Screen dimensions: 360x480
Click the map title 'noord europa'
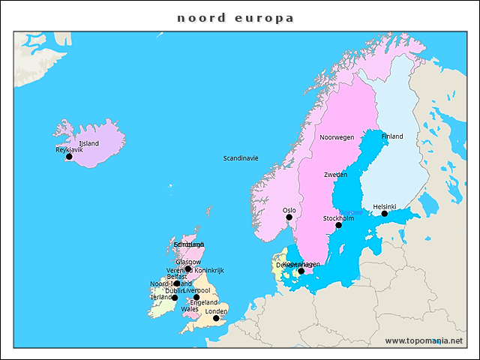[235, 17]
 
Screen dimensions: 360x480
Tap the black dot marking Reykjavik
[69, 157]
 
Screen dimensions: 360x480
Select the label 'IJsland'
[88, 143]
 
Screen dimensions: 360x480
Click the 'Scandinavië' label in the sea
[241, 158]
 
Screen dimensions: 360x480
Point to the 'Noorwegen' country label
[337, 137]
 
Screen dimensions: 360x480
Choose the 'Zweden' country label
[335, 174]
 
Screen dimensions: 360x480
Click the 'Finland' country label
[392, 136]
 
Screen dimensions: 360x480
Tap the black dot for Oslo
[289, 217]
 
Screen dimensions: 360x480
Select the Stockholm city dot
[338, 225]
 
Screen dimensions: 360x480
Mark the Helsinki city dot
[385, 214]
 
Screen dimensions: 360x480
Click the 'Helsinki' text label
[385, 206]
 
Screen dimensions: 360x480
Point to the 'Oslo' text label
[289, 210]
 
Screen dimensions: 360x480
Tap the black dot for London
[216, 319]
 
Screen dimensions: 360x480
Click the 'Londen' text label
[216, 311]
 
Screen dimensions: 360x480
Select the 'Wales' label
[189, 309]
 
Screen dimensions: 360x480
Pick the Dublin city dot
[175, 298]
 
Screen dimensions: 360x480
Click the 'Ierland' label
[161, 297]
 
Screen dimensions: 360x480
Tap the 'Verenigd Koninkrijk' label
[196, 270]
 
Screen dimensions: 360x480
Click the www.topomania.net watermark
[424, 340]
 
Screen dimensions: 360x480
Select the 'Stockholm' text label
[338, 218]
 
